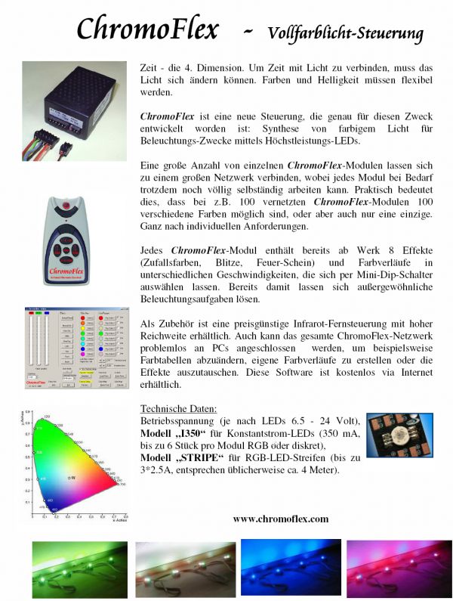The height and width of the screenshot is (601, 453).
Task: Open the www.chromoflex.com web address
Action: [x=280, y=519]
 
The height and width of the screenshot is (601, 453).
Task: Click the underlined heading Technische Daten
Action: [x=179, y=408]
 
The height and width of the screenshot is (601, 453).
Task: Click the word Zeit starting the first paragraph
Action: [x=151, y=69]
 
